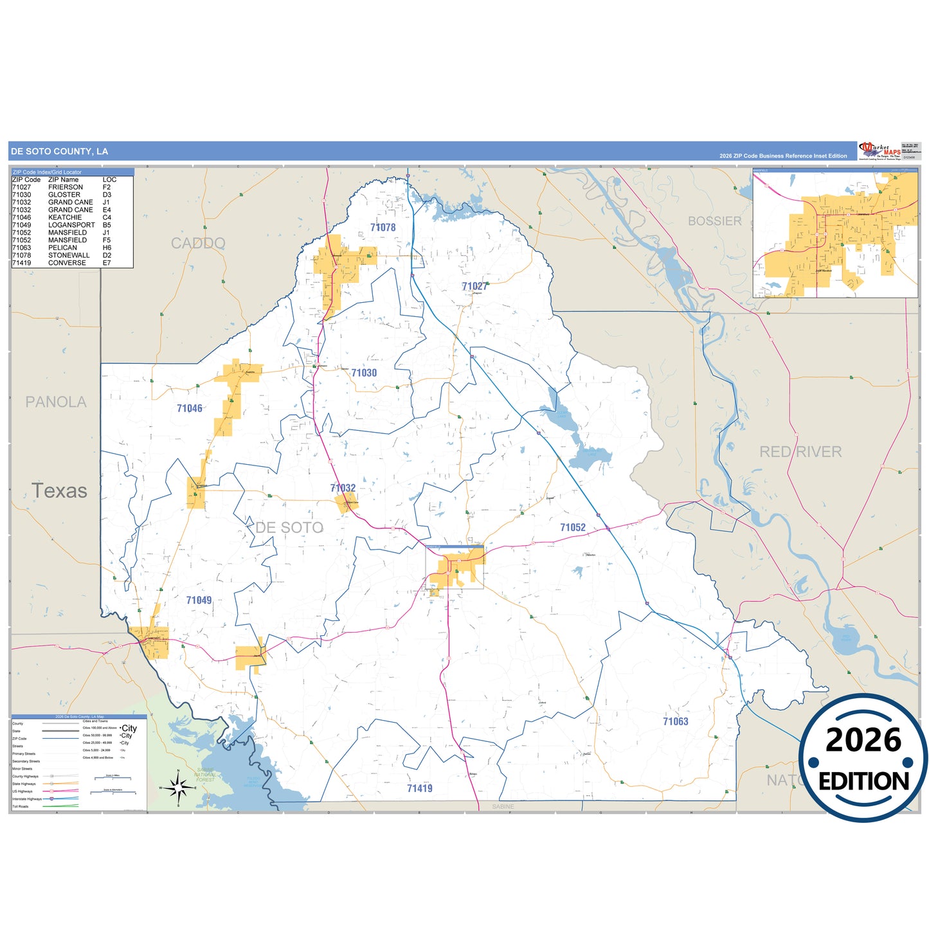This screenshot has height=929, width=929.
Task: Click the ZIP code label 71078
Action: [x=383, y=228]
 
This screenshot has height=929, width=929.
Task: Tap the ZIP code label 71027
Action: [x=474, y=286]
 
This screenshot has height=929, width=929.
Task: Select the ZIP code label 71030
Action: [x=364, y=373]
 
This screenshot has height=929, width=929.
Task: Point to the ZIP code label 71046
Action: [x=190, y=408]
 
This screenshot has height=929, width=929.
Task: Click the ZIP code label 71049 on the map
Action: [x=199, y=600]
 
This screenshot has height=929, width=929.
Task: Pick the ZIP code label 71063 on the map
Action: [x=676, y=721]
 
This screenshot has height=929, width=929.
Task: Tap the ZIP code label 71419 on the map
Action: [x=420, y=788]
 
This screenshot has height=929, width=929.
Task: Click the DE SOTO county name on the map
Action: [x=289, y=528]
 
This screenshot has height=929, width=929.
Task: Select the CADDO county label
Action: [x=198, y=243]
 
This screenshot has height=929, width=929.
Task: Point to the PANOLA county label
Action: [x=56, y=402]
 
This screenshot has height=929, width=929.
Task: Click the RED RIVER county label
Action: [x=800, y=452]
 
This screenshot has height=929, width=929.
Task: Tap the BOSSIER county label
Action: [x=714, y=221]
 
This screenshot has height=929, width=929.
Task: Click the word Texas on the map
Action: [x=60, y=491]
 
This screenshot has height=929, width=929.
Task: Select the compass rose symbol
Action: [x=179, y=787]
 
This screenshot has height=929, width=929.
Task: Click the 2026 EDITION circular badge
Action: [x=863, y=759]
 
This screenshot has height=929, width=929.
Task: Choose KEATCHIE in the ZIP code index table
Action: [x=65, y=217]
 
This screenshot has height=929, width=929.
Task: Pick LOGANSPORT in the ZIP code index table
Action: [x=71, y=225]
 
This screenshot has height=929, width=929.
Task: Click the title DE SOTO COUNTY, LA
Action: [x=59, y=152]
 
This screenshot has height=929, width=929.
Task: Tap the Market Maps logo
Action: [x=879, y=151]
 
